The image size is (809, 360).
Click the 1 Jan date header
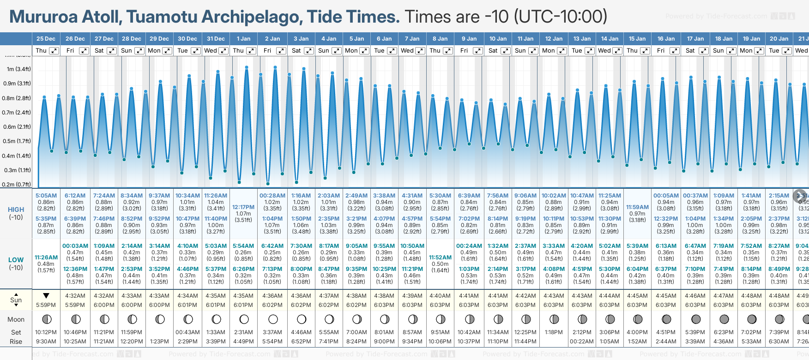[243, 39]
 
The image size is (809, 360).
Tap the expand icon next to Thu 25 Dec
[54, 51]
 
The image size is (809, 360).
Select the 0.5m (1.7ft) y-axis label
[17, 141]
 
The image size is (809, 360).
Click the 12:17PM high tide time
[243, 207]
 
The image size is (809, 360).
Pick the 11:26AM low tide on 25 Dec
[46, 258]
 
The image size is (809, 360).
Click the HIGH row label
[16, 210]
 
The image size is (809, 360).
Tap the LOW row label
[16, 260]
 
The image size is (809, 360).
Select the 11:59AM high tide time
[637, 207]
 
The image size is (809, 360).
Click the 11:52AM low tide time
[440, 258]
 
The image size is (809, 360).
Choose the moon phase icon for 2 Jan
[273, 319]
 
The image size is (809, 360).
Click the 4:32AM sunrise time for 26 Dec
[75, 296]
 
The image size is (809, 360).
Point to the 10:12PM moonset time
[46, 332]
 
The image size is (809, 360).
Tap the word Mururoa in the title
[43, 17]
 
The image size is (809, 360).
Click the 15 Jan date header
[637, 39]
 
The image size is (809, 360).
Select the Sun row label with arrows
[16, 300]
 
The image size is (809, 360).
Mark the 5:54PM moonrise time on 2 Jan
[272, 342]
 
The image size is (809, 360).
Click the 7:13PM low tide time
[272, 269]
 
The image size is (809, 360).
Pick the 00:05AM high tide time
[666, 196]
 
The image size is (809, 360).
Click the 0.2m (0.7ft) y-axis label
[17, 185]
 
